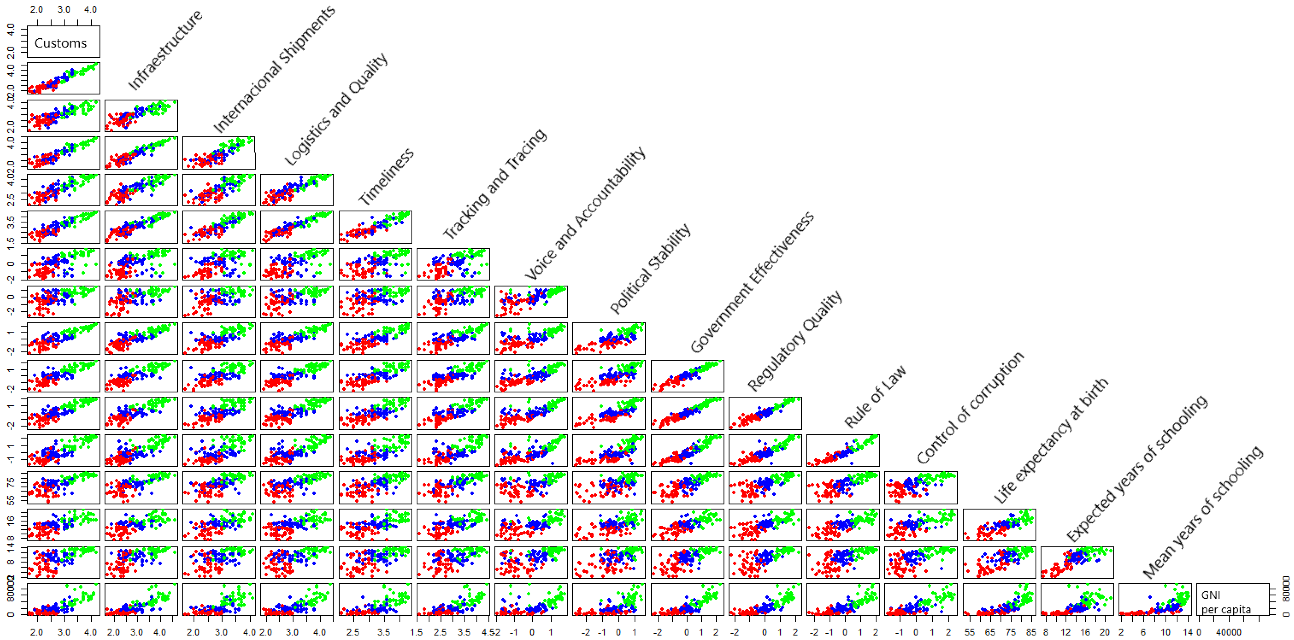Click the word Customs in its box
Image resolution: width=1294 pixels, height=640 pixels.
(x=60, y=43)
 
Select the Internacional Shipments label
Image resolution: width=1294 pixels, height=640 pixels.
(x=274, y=69)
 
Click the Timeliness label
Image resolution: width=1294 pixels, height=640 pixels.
(x=386, y=176)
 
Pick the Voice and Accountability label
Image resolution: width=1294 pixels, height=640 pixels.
(x=585, y=213)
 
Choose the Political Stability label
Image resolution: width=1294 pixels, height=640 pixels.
(x=650, y=269)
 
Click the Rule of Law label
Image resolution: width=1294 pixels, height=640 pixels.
(x=875, y=397)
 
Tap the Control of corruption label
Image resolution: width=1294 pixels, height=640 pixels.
(x=970, y=408)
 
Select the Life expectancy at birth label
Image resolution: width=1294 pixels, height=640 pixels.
(x=1050, y=440)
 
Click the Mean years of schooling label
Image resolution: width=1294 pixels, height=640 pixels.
(x=1202, y=512)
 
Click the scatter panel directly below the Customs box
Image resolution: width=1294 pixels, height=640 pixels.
(x=63, y=78)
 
